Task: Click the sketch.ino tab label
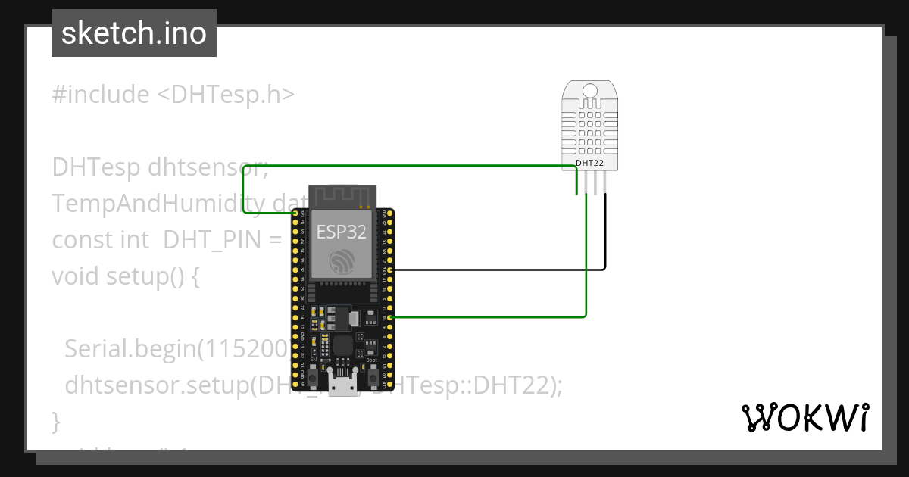point(134,33)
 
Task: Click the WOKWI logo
point(804,417)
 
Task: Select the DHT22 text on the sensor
point(590,162)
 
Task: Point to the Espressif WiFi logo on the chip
point(342,261)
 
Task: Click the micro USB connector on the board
point(342,385)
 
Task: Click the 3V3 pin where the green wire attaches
point(295,214)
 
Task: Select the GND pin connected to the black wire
point(389,270)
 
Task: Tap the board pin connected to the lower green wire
point(389,317)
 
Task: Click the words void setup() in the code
point(126,276)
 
